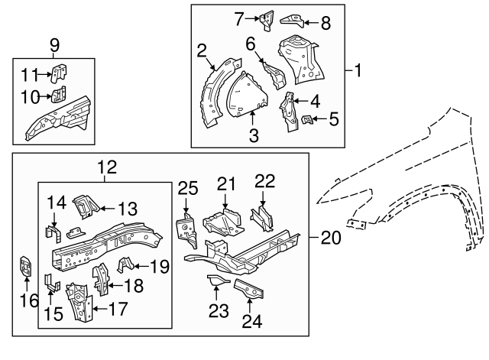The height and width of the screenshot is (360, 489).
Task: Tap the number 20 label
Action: (330, 238)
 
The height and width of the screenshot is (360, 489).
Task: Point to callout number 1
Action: (358, 71)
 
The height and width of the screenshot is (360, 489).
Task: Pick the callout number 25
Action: (188, 187)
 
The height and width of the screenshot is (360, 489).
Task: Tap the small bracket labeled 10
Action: (57, 96)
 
